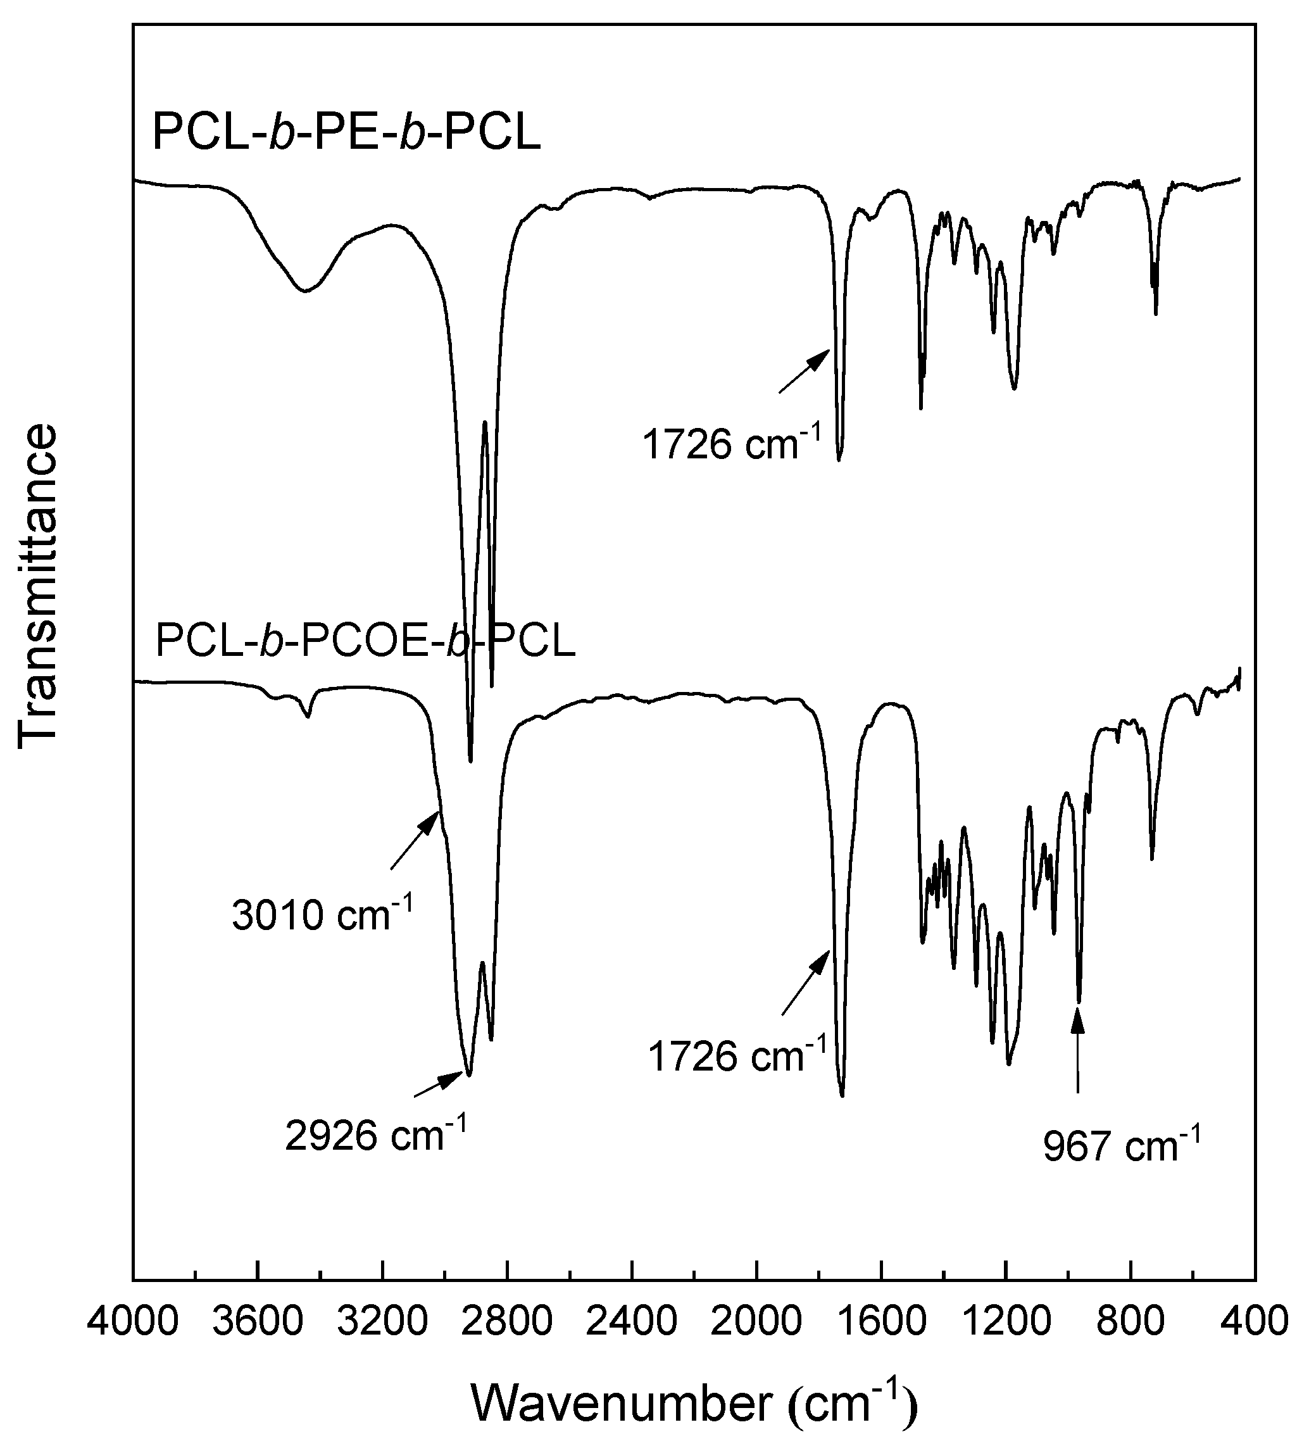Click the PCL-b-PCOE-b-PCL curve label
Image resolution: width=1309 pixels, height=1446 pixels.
click(x=365, y=641)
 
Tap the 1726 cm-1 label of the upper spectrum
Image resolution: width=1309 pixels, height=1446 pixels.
click(x=730, y=444)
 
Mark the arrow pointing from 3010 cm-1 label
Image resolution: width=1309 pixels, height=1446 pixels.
click(x=415, y=840)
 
